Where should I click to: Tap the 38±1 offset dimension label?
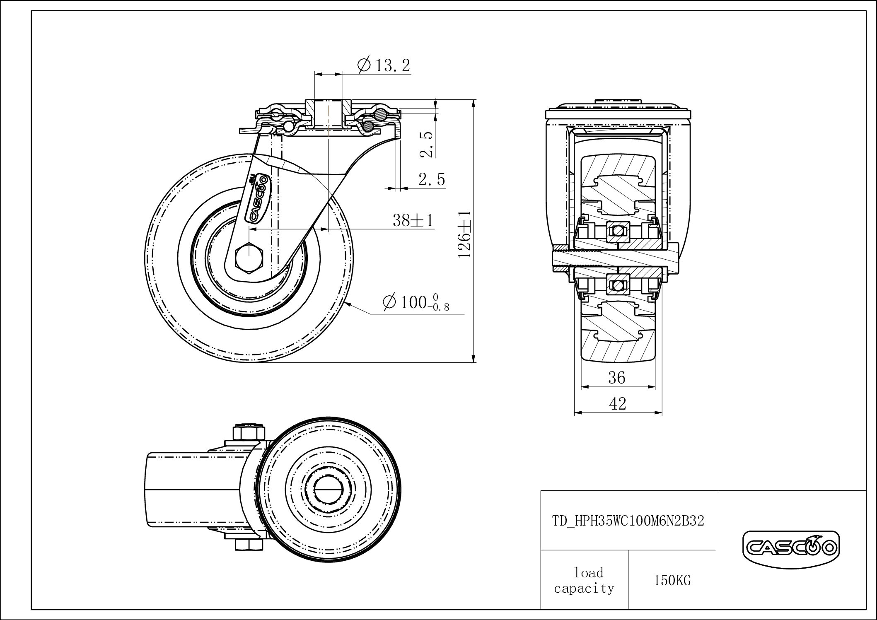tap(413, 220)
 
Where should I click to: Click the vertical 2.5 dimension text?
tap(427, 145)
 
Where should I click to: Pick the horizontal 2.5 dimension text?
tap(431, 180)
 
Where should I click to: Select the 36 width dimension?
tap(616, 378)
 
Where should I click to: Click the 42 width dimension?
tap(618, 404)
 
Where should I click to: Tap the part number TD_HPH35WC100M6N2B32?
tap(628, 521)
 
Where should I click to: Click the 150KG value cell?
tap(672, 581)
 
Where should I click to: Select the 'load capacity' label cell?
tap(584, 581)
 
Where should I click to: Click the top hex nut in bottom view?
tap(249, 433)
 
